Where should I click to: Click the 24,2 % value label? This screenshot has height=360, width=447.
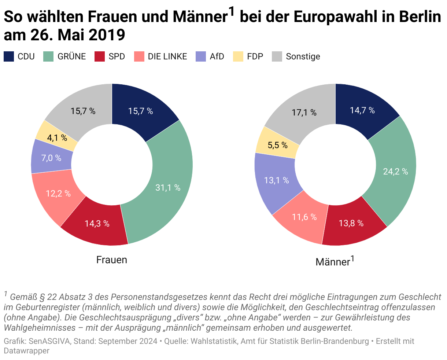tap(395, 171)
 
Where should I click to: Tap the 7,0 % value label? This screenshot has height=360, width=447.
tap(51, 158)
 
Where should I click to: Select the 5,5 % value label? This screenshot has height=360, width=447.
tap(277, 145)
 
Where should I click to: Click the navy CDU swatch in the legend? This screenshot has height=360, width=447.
tap(9, 56)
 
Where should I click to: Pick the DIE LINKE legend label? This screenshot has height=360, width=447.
tap(167, 56)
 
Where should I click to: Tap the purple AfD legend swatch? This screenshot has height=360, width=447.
tap(201, 56)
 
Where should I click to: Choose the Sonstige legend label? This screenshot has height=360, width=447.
tap(303, 56)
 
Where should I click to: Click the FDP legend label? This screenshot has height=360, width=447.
tap(255, 56)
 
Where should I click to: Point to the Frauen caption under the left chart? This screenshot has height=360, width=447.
tap(111, 260)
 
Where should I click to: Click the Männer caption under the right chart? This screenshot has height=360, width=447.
tap(333, 262)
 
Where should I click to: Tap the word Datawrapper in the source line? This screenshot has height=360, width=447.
tap(26, 351)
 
